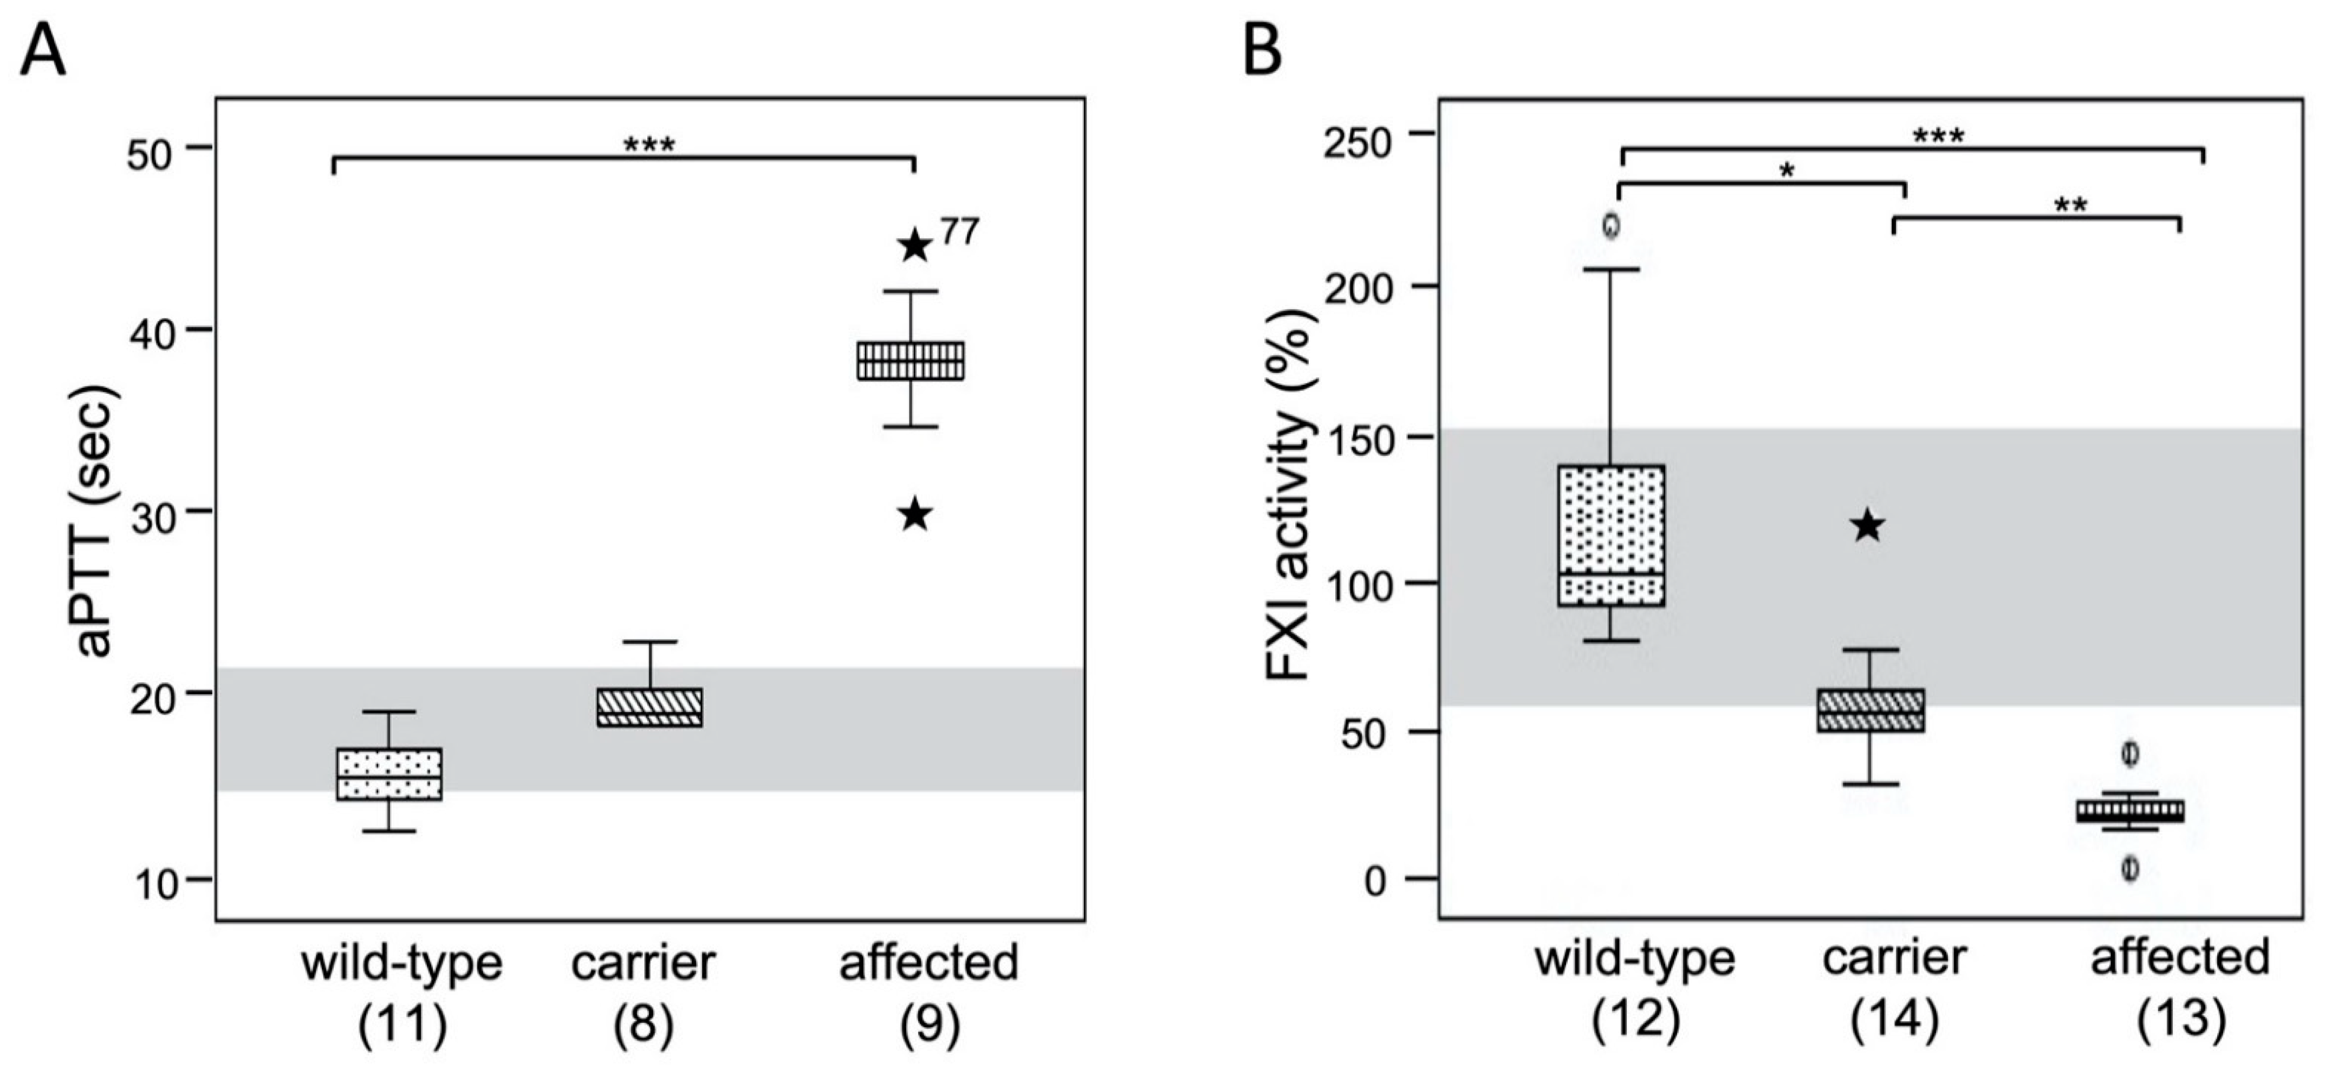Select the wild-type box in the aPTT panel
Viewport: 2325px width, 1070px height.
click(389, 774)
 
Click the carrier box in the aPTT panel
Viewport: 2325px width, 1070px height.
click(650, 707)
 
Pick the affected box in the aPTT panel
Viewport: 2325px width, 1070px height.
click(911, 361)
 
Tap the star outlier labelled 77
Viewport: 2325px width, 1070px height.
click(915, 245)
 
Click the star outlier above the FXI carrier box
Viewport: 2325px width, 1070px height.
click(1867, 526)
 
